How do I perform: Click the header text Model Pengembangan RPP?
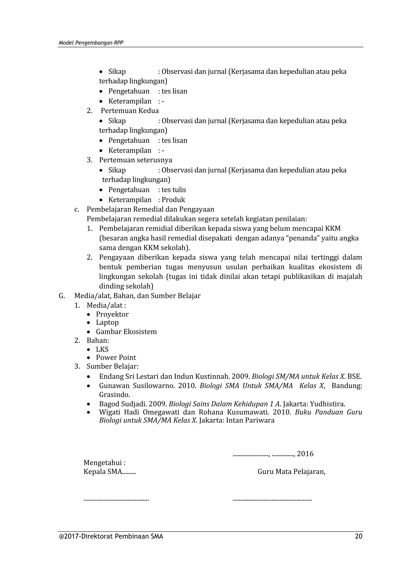pos(91,43)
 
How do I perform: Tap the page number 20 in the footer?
pos(359,536)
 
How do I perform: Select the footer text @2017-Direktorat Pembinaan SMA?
pos(111,536)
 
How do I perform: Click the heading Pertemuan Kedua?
pos(130,111)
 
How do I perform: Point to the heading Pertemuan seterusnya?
pos(135,160)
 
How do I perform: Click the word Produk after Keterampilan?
pos(173,200)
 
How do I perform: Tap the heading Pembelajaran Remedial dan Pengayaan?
pos(150,209)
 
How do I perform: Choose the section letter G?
pos(61,296)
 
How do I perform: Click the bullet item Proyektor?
pos(112,314)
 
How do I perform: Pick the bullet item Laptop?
pos(107,323)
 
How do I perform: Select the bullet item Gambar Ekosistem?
pos(126,332)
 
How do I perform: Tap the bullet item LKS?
pos(102,349)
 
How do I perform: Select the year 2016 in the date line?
pos(305,454)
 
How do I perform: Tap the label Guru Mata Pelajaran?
pos(291,472)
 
